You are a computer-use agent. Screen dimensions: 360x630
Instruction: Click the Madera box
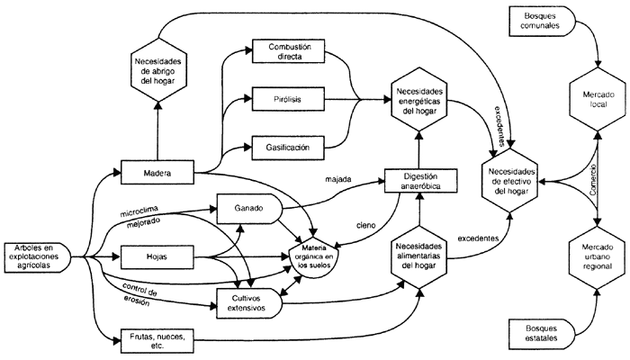tap(157, 171)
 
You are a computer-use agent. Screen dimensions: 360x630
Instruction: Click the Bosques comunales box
tap(540, 21)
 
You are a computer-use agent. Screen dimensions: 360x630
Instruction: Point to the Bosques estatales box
tap(540, 335)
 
